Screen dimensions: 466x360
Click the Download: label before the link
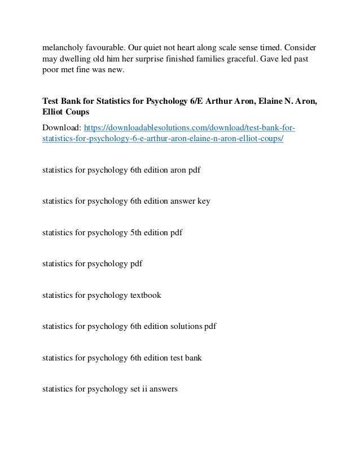pyautogui.click(x=61, y=128)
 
